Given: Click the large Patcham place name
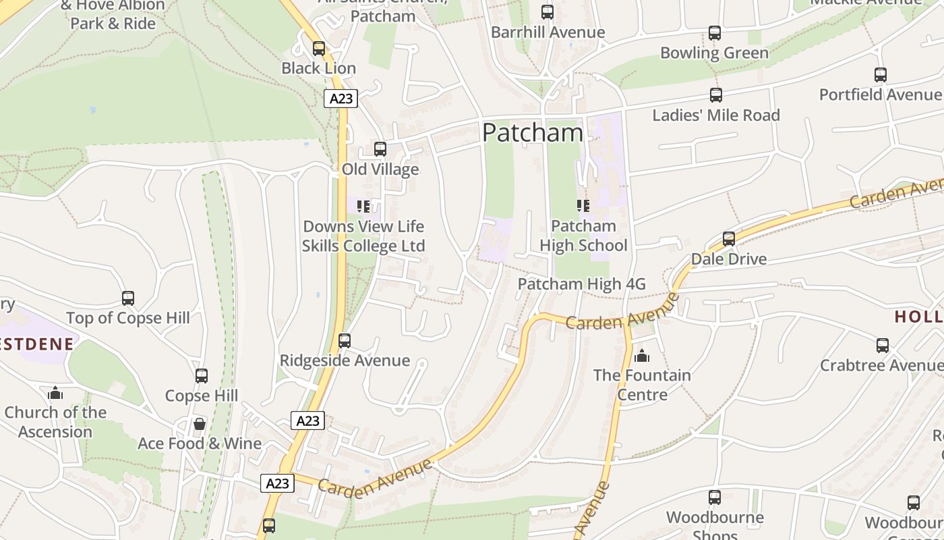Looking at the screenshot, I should (532, 132).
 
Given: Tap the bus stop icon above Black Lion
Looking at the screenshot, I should (319, 49).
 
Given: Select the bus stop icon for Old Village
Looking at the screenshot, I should (380, 149).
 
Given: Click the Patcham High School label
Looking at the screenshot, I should (583, 236).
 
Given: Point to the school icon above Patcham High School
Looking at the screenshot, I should (583, 205).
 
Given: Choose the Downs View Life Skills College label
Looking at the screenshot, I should (363, 236).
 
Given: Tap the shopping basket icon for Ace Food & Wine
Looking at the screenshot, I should (200, 424).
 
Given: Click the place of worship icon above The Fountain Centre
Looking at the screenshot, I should (642, 355).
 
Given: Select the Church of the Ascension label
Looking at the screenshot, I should (55, 422).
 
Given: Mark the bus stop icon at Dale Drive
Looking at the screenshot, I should (729, 239).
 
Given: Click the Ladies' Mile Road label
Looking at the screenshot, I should (715, 115).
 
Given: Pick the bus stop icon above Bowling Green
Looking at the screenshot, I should (715, 33).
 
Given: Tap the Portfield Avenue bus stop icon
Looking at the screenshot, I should (881, 75).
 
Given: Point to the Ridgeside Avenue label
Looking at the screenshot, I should (345, 360).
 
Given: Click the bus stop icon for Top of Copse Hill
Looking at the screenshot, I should (128, 298).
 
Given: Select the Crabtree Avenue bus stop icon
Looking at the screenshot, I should (883, 346).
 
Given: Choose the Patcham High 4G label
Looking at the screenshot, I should (581, 284).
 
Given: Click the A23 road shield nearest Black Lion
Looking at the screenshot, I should (341, 99).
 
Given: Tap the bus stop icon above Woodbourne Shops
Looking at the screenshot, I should (715, 497).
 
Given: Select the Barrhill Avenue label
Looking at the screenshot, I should (548, 32).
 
